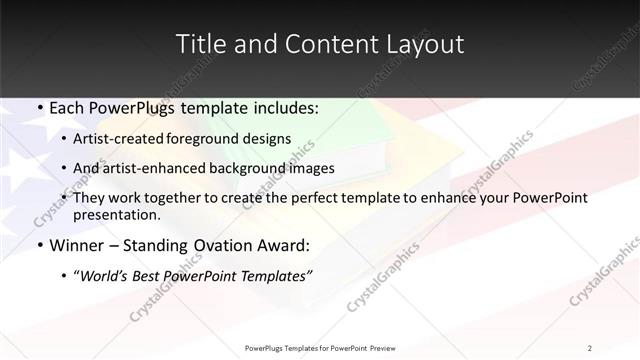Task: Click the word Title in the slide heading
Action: pos(201,44)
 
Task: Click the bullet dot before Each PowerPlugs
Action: pos(39,106)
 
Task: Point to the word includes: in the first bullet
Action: pos(285,106)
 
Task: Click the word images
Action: pos(310,168)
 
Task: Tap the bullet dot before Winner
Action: pos(39,245)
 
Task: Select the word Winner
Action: pos(77,245)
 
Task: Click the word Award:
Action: pos(284,245)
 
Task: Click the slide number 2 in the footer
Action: pos(590,347)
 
